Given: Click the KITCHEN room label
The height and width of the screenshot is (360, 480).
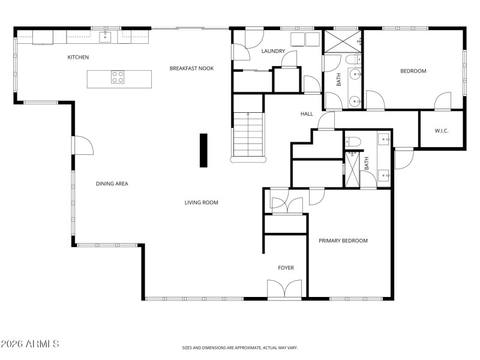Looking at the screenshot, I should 78,58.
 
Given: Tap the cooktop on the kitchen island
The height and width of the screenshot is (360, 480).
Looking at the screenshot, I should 118,77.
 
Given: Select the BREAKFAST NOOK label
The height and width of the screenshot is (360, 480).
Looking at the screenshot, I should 191,68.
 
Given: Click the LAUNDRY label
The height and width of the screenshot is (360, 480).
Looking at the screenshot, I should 273,52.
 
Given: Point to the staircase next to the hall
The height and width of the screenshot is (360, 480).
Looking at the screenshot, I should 248,136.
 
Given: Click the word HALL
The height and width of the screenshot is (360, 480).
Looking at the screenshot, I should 307,113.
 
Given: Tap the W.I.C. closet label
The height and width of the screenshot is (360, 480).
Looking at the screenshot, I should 442,131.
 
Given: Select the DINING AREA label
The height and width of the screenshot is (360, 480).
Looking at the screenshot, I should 112,184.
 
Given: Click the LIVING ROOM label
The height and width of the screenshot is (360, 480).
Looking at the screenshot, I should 201,203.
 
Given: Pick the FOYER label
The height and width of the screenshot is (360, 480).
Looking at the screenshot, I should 286,268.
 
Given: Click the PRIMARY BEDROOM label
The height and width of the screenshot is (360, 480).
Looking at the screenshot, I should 343,241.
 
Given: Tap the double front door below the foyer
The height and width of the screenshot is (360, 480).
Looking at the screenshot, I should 285,290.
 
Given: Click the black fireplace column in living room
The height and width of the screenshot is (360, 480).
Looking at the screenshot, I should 203,151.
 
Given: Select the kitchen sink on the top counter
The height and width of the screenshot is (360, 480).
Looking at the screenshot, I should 105,38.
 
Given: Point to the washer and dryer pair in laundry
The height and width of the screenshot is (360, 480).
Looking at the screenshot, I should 305,40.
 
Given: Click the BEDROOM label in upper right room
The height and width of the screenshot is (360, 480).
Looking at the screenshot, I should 413,71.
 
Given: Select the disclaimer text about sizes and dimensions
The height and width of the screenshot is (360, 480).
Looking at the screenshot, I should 240,347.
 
